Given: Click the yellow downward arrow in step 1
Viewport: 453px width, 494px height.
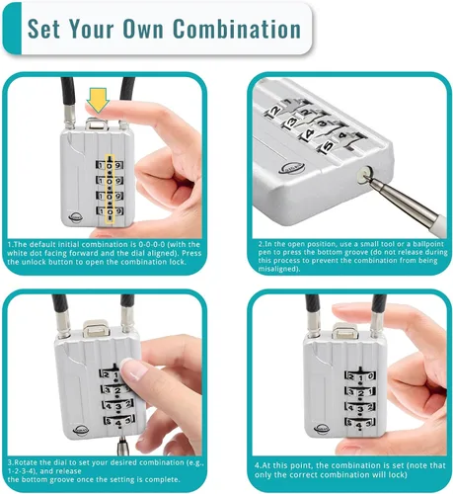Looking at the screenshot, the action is click(98, 100).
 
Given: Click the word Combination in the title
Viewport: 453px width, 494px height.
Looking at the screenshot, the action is click(237, 29).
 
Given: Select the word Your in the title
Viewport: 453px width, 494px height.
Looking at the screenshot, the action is click(93, 29).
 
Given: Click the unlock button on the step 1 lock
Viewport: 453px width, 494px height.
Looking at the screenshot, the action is click(97, 124).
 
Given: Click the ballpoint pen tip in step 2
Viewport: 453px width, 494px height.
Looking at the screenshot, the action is click(367, 177).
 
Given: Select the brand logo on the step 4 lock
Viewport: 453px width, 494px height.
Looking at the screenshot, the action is click(323, 428).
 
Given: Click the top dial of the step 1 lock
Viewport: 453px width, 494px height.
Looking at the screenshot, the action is click(110, 165).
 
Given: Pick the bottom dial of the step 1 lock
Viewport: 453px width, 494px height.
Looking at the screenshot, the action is click(110, 210).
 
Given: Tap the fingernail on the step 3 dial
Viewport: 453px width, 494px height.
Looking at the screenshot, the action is click(135, 370).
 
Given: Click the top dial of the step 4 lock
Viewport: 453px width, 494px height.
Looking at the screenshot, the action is click(360, 376).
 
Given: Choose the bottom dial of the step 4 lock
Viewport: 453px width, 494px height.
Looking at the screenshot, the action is click(360, 423).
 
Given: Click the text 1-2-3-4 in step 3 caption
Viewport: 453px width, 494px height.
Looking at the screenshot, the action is click(22, 471).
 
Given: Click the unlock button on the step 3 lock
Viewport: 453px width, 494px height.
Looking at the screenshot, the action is click(96, 329).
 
